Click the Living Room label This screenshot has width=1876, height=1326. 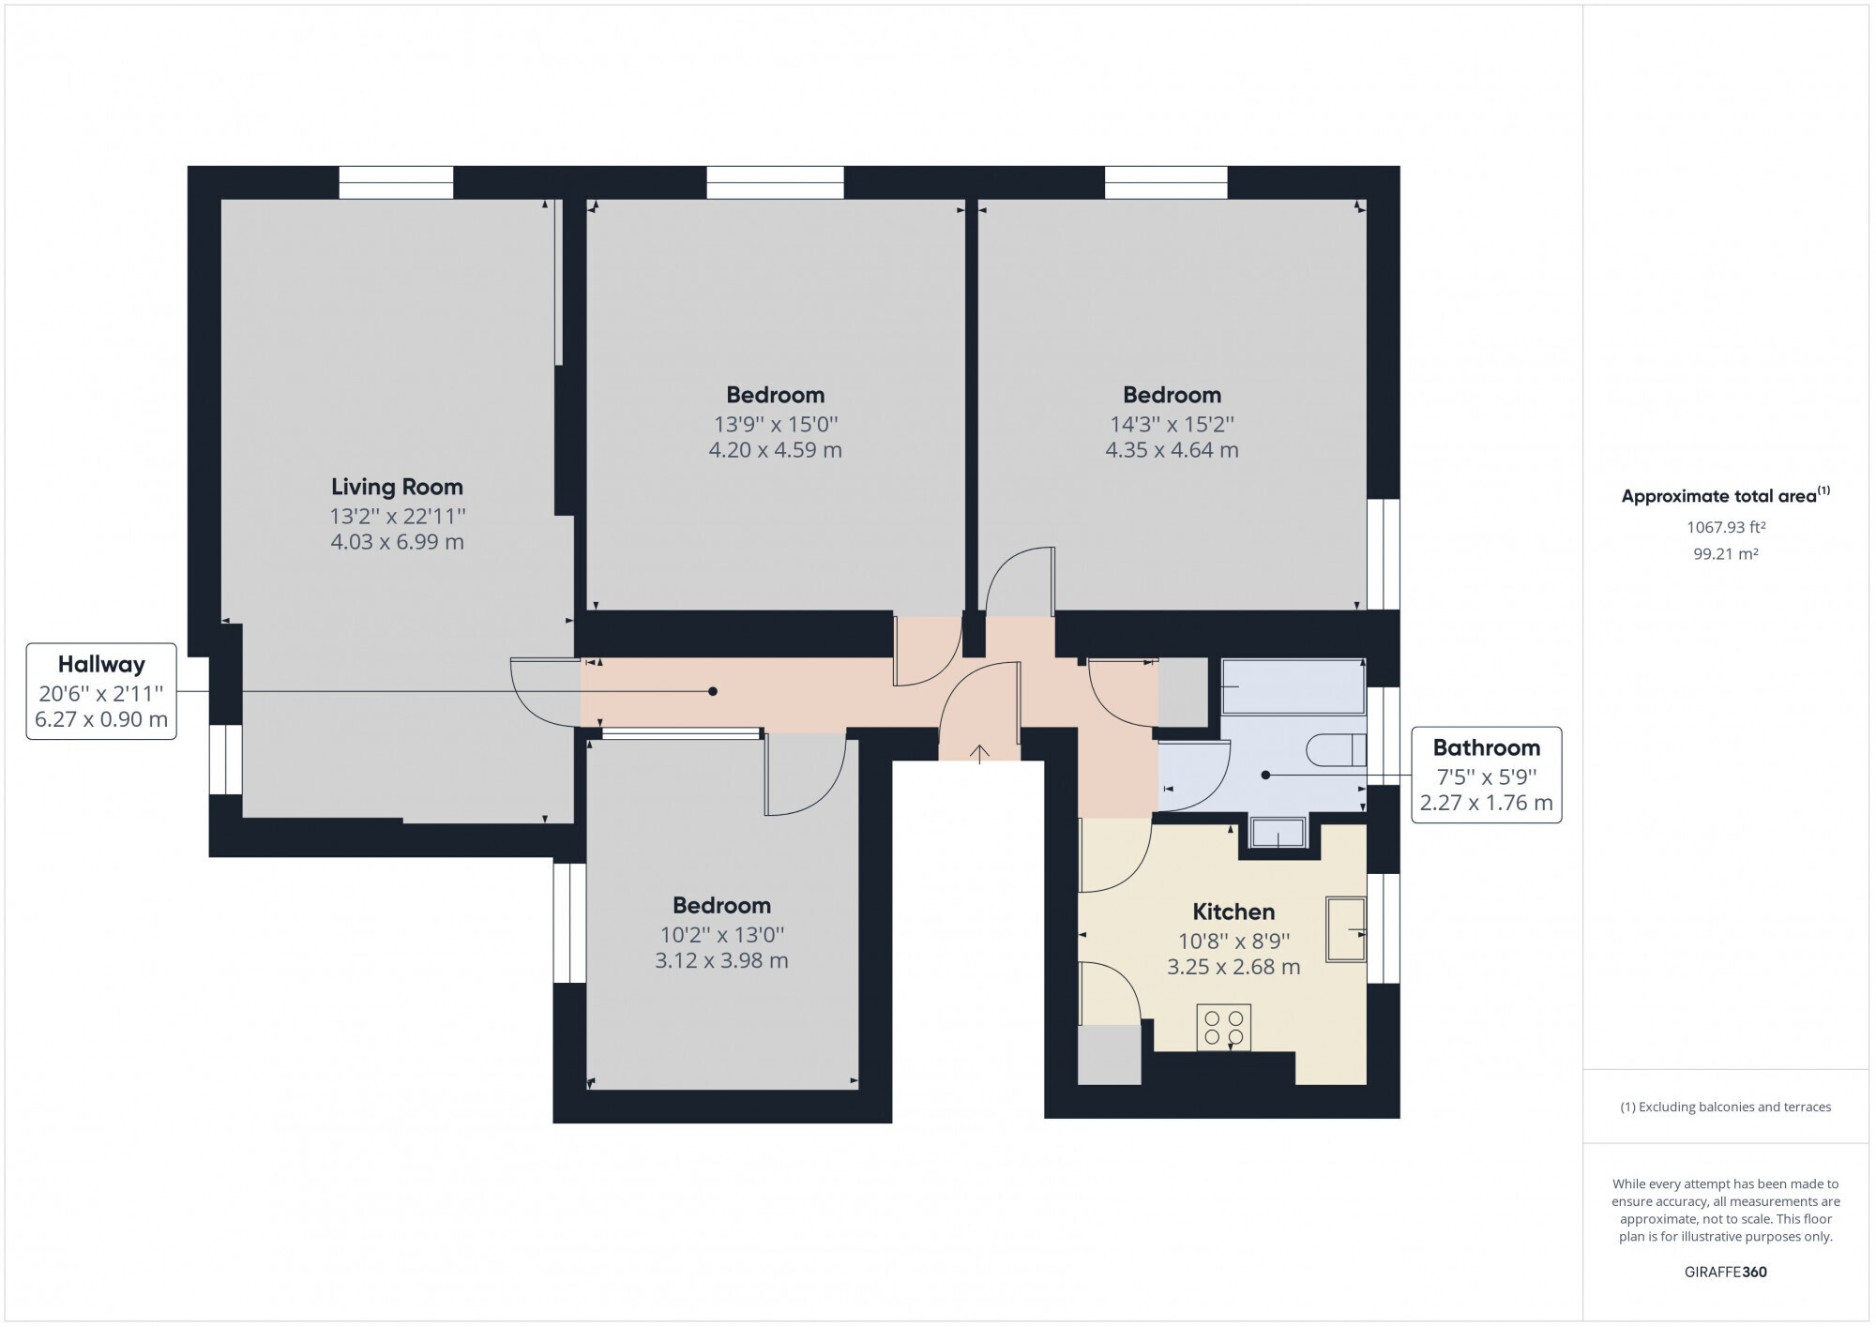coord(397,487)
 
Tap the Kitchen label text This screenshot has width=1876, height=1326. coord(1233,912)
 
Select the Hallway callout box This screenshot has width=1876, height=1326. coord(101,691)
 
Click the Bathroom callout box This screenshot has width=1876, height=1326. coord(1487,775)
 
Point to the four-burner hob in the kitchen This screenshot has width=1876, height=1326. coord(1224,1028)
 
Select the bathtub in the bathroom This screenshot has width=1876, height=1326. coord(1294,686)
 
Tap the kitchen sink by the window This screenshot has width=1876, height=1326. coord(1345,929)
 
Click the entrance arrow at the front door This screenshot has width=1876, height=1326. coord(980,754)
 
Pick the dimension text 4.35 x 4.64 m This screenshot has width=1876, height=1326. coord(1172,450)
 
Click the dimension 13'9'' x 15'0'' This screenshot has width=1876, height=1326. coord(775,424)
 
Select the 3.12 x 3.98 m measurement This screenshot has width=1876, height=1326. coord(721,960)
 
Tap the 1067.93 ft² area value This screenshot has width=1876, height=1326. coord(1726,527)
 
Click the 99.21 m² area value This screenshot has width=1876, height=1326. coord(1726,554)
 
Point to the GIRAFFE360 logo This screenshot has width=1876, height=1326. coord(1726,1273)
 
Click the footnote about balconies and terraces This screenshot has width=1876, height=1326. coord(1726,1108)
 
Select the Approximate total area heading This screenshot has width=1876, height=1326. coord(1726,496)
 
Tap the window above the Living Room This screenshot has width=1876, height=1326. coord(396,183)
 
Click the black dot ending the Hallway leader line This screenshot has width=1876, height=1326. coord(713,692)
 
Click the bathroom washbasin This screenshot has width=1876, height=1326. coord(1278,833)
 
